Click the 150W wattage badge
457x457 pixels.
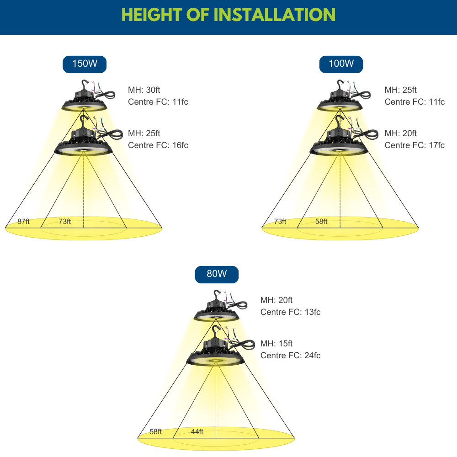(85, 64)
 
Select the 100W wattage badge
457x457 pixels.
(341, 64)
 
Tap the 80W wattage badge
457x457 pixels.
(217, 274)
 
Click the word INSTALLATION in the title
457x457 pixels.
(275, 15)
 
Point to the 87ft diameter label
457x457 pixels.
(23, 222)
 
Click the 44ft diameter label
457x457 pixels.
(197, 432)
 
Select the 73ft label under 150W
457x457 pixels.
(65, 222)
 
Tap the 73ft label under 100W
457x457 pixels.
(280, 222)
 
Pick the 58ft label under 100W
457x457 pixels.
(321, 222)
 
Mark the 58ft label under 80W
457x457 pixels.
(156, 432)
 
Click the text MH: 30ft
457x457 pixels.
(144, 90)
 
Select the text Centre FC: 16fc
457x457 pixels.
(158, 145)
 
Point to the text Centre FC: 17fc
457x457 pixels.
(414, 145)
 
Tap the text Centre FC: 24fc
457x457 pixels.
(290, 355)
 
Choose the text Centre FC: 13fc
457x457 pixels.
(290, 312)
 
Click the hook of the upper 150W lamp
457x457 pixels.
(85, 85)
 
